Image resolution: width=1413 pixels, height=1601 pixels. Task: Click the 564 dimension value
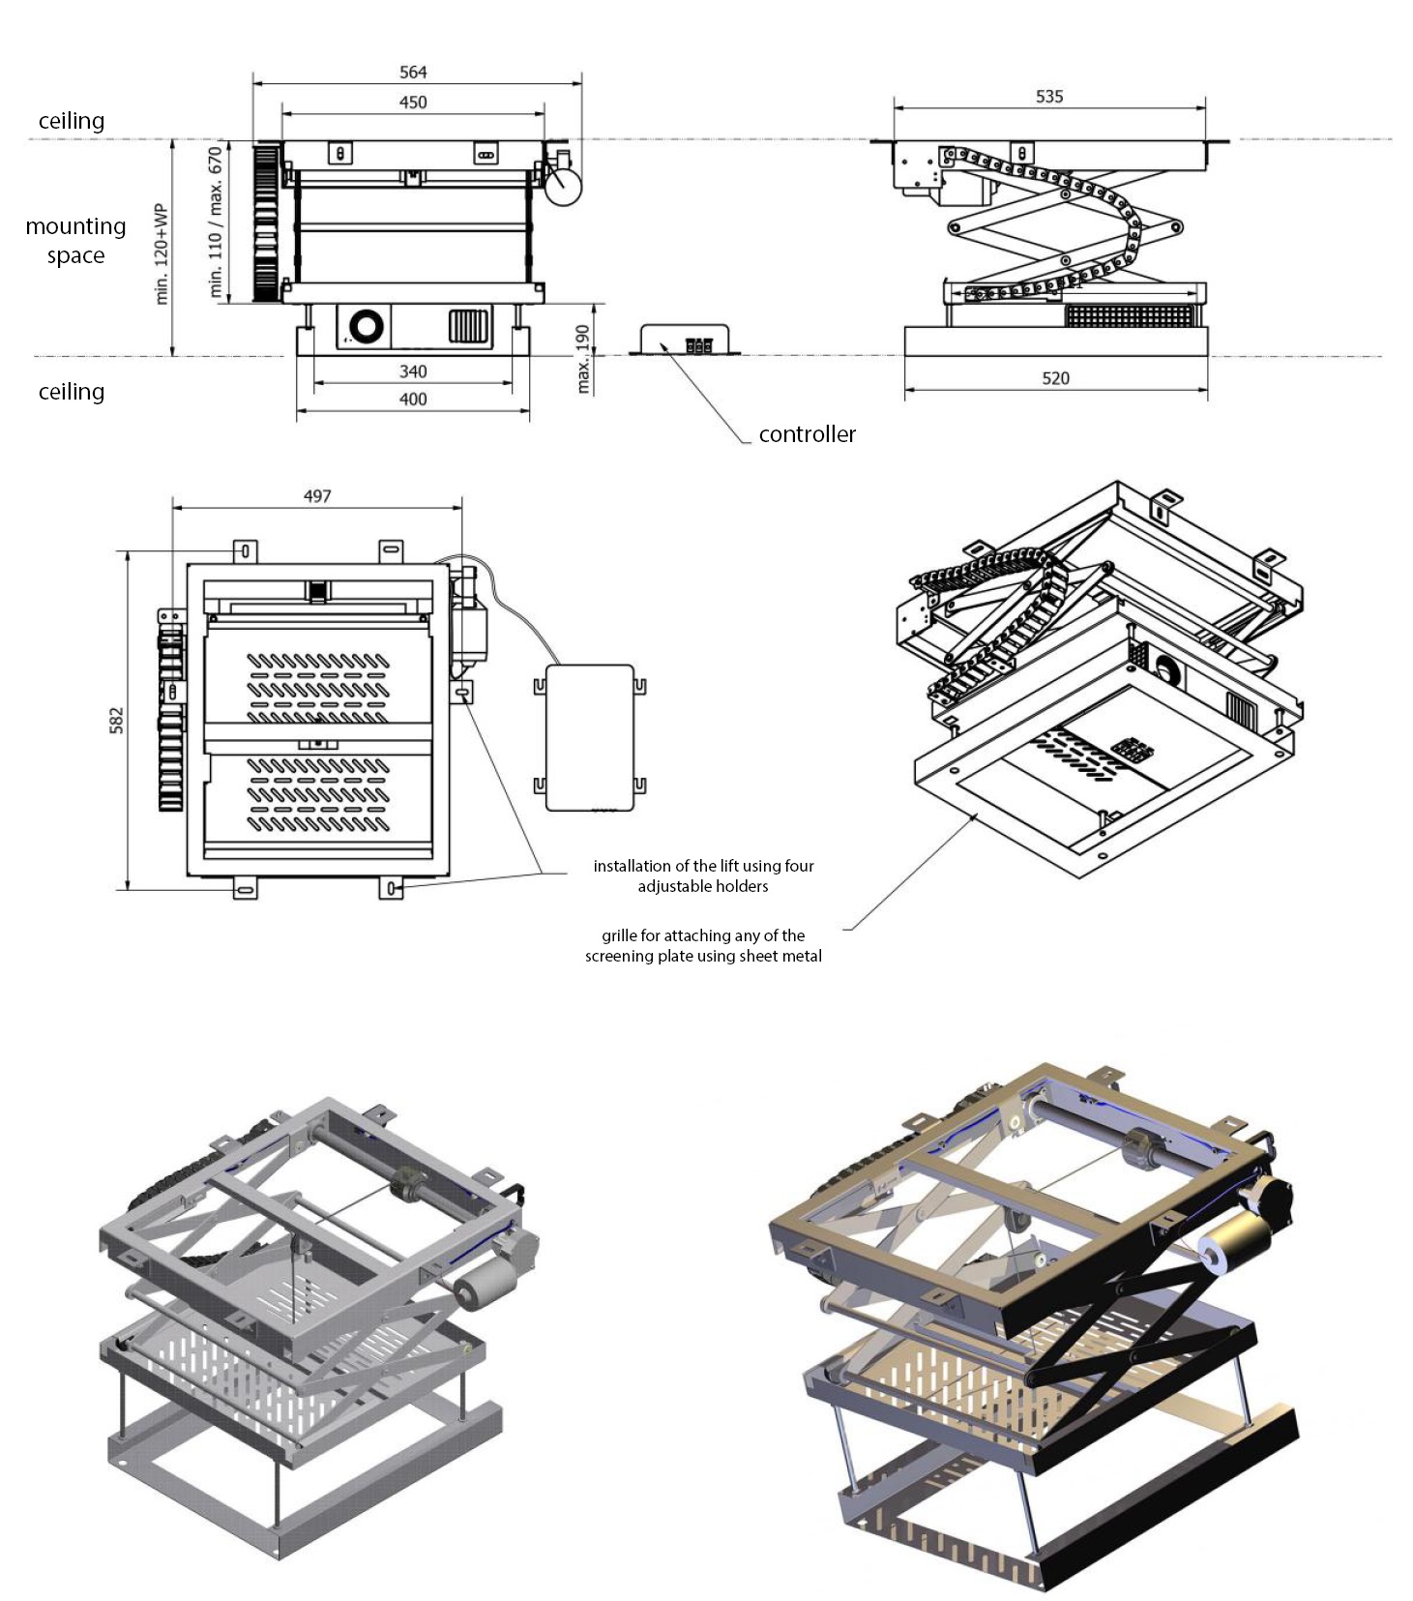pyautogui.click(x=413, y=73)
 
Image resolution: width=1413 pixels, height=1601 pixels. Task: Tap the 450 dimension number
pyautogui.click(x=413, y=103)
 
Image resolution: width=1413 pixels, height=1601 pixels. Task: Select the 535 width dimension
pyautogui.click(x=1049, y=97)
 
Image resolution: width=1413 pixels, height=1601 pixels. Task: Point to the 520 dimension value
pyautogui.click(x=1055, y=378)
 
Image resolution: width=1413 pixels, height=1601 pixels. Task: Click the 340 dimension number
pyautogui.click(x=413, y=371)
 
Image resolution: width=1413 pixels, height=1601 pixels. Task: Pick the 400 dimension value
pyautogui.click(x=413, y=400)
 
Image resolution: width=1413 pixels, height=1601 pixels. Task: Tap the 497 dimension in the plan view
pyautogui.click(x=317, y=496)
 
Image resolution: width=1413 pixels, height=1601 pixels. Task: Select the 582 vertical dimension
pyautogui.click(x=117, y=720)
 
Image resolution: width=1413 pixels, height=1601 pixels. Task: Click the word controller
pyautogui.click(x=807, y=434)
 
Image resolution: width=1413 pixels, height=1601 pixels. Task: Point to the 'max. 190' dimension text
pyautogui.click(x=582, y=359)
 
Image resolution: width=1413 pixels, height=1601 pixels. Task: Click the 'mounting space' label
pyautogui.click(x=75, y=241)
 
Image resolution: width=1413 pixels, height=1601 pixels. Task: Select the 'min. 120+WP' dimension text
pyautogui.click(x=161, y=253)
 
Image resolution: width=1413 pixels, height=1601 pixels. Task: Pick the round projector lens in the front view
pyautogui.click(x=367, y=327)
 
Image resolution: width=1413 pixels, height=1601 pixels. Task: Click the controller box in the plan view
pyautogui.click(x=589, y=737)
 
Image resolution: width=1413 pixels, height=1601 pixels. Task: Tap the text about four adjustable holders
pyautogui.click(x=703, y=876)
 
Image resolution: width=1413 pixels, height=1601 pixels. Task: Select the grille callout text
pyautogui.click(x=703, y=946)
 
